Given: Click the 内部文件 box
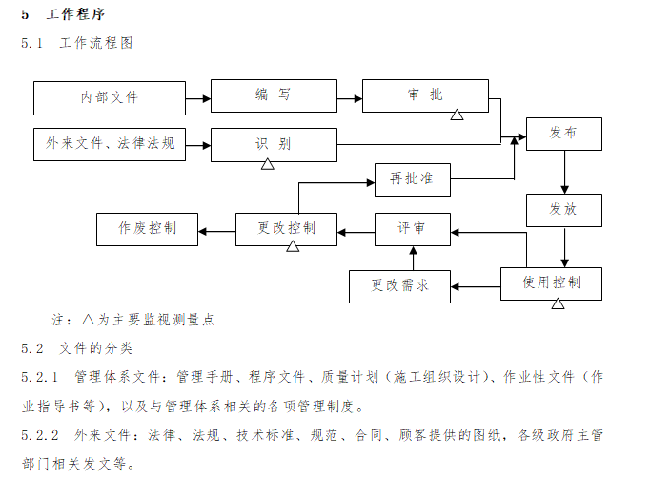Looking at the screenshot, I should point(110,97).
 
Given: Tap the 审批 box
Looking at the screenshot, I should point(426,95).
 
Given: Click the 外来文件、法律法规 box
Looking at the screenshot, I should point(110,144).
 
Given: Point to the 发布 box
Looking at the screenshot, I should point(563,134).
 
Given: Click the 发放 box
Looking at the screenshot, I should point(563,210).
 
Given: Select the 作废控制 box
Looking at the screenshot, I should point(147,229).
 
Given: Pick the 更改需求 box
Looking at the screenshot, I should point(399,284).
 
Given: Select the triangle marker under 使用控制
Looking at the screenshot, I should point(558,303).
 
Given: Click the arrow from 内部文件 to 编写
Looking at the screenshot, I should point(198,97).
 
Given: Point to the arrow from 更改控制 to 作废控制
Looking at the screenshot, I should point(217,229).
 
